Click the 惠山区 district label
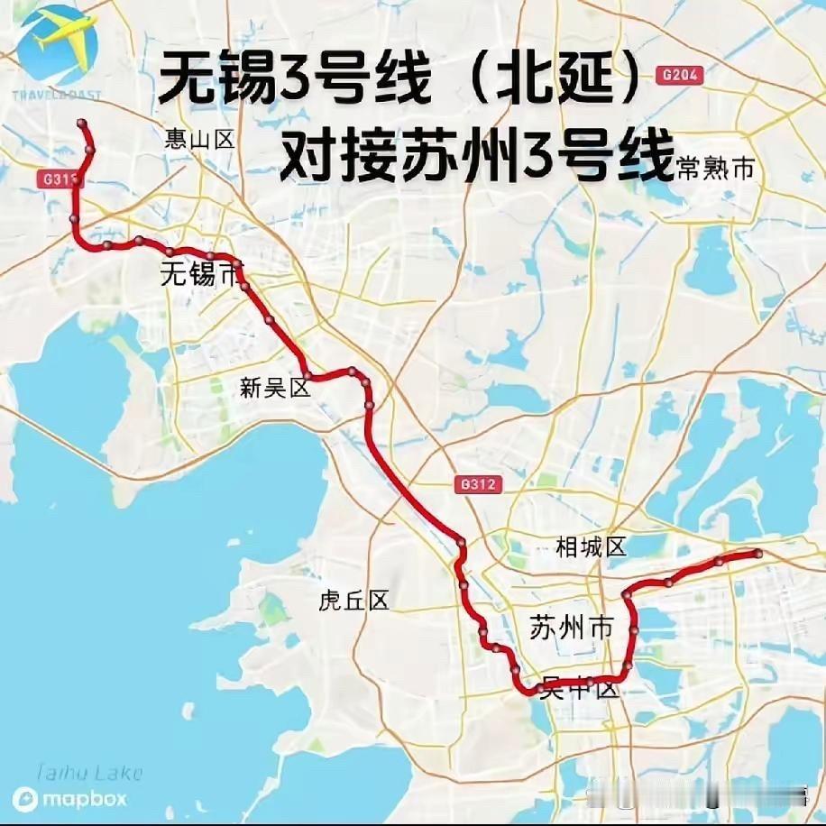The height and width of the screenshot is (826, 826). [199, 139]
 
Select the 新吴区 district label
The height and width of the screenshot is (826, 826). [275, 389]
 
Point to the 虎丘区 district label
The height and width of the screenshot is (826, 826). [353, 601]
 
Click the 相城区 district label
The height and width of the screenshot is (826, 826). [591, 546]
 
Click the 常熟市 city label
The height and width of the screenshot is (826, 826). [714, 169]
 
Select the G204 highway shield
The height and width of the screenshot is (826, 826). [680, 76]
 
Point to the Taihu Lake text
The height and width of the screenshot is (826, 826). [89, 772]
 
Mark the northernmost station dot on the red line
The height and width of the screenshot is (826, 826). [82, 123]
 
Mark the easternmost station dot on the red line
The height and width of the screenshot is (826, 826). [757, 553]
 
